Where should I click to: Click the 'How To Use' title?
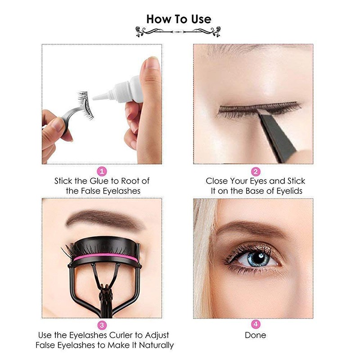click(x=179, y=19)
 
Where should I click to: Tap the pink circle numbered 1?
click(x=102, y=171)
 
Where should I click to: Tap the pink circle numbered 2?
click(x=255, y=171)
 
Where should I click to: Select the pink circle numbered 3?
click(x=102, y=325)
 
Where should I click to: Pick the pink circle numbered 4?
click(x=255, y=325)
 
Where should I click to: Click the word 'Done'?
click(x=255, y=335)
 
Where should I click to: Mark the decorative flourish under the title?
click(x=179, y=31)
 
